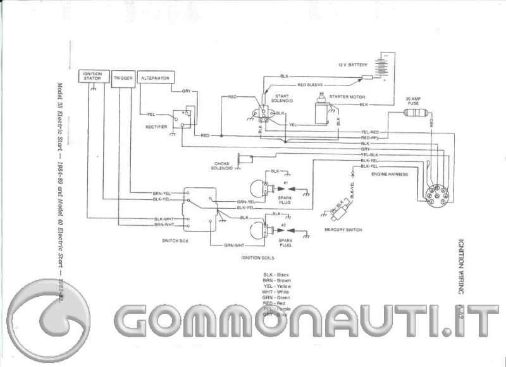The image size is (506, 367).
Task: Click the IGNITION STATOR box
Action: pyautogui.click(x=92, y=77)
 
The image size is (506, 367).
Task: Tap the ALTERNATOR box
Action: pyautogui.click(x=154, y=77)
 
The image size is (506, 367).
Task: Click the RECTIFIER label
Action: pyautogui.click(x=156, y=127)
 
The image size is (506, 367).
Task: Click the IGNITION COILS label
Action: pyautogui.click(x=256, y=258)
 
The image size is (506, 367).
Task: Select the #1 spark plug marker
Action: pyautogui.click(x=285, y=183)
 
